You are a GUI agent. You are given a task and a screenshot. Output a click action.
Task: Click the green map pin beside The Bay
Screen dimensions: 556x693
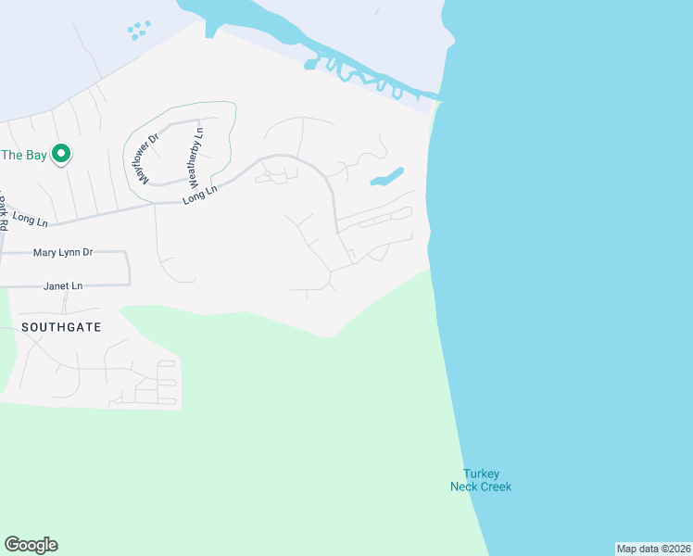click(x=61, y=154)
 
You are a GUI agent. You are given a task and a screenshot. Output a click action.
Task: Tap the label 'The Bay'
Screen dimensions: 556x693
click(x=23, y=155)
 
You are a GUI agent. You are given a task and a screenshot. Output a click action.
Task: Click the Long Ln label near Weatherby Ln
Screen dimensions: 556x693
click(x=199, y=194)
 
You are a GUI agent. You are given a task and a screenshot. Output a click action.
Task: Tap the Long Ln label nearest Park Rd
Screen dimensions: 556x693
click(x=31, y=220)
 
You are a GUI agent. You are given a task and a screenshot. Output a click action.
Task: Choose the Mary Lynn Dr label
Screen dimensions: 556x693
click(x=63, y=252)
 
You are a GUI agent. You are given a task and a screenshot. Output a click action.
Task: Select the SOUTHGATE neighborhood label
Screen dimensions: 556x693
click(x=61, y=327)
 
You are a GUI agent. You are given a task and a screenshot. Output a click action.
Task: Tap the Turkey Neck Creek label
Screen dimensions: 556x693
click(x=481, y=480)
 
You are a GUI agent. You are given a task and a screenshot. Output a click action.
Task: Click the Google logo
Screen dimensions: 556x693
click(x=31, y=545)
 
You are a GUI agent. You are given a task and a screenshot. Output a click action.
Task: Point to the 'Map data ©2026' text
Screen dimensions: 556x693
click(x=653, y=549)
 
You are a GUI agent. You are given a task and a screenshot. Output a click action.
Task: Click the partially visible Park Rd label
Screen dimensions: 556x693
click(x=4, y=215)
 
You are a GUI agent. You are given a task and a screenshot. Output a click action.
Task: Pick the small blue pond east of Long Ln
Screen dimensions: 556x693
click(x=387, y=176)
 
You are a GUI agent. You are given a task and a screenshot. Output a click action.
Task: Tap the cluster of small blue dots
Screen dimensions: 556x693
click(x=138, y=31)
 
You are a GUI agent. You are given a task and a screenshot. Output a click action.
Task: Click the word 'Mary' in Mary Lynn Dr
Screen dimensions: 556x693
click(x=45, y=252)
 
